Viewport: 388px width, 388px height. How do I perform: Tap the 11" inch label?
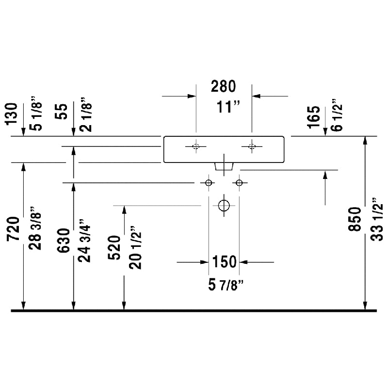[224, 107]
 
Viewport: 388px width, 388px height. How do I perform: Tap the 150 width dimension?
[224, 262]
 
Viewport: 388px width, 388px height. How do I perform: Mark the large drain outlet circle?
[224, 205]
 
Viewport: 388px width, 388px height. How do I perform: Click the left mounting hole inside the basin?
[196, 146]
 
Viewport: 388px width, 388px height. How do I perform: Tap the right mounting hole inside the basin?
[252, 146]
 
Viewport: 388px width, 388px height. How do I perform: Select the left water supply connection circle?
[209, 183]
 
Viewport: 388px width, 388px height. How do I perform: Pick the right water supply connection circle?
[239, 183]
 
